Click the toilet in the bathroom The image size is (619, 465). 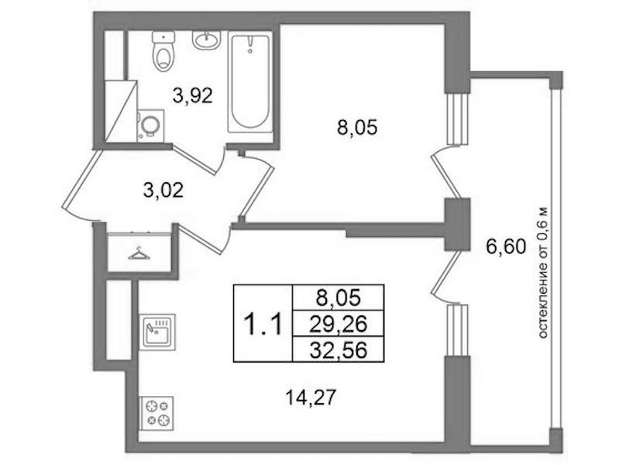point(163,51)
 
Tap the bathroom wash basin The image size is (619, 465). point(205,40)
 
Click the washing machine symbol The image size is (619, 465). point(150,126)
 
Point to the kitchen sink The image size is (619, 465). point(157,332)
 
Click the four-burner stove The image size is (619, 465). point(156,413)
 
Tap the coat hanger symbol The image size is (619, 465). point(139,253)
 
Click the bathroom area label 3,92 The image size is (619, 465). point(193,95)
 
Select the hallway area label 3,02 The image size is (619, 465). point(163,191)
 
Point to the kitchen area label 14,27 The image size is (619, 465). point(311,397)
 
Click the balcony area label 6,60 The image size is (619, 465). point(506,247)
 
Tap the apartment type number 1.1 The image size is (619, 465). point(263,323)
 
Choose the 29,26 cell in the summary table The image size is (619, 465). point(338,324)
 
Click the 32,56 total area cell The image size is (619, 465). point(338,350)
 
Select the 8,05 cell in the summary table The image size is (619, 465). point(338,298)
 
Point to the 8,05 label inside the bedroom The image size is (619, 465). point(357,128)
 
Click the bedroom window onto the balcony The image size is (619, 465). point(457,119)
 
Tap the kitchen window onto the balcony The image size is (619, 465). point(458,330)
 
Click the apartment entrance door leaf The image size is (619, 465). point(79,180)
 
